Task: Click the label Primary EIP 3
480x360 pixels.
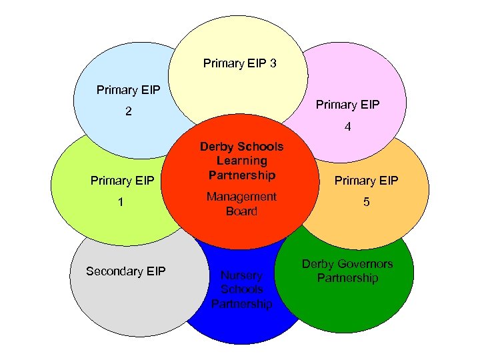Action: pyautogui.click(x=240, y=64)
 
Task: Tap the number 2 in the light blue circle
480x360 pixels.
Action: pyautogui.click(x=129, y=113)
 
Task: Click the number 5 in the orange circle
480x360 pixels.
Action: pyautogui.click(x=366, y=203)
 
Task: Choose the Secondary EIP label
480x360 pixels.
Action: pyautogui.click(x=125, y=271)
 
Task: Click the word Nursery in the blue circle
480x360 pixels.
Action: pyautogui.click(x=241, y=275)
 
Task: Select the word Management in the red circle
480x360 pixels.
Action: pyautogui.click(x=241, y=197)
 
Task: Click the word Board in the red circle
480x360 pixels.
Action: pyautogui.click(x=241, y=211)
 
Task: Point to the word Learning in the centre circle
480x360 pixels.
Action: pyautogui.click(x=241, y=161)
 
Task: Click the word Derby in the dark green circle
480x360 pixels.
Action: pyautogui.click(x=317, y=264)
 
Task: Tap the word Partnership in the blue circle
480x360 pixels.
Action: pyautogui.click(x=241, y=304)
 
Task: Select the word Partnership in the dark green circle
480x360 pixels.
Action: pyautogui.click(x=347, y=278)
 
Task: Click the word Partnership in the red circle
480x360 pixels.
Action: pyautogui.click(x=241, y=175)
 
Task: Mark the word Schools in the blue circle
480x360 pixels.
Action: pyautogui.click(x=241, y=289)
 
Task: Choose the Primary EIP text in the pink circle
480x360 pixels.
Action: pyautogui.click(x=347, y=105)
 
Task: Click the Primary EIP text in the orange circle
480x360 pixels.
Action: pyautogui.click(x=366, y=181)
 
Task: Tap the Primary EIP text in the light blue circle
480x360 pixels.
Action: pyautogui.click(x=129, y=90)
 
